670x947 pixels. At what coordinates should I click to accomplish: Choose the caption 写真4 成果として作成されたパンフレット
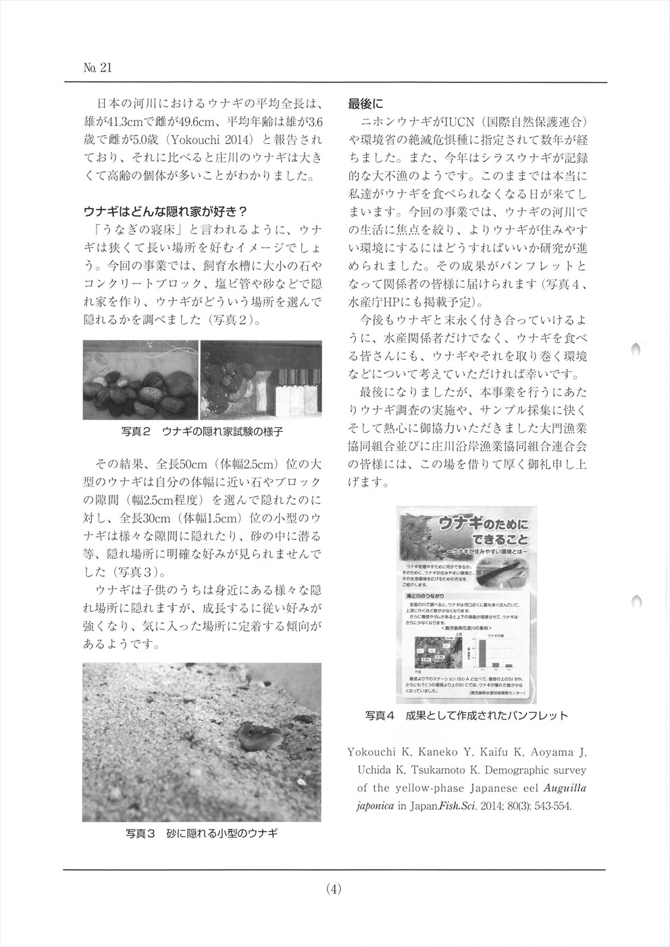[466, 715]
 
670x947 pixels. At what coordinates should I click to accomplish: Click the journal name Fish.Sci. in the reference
[460, 806]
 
